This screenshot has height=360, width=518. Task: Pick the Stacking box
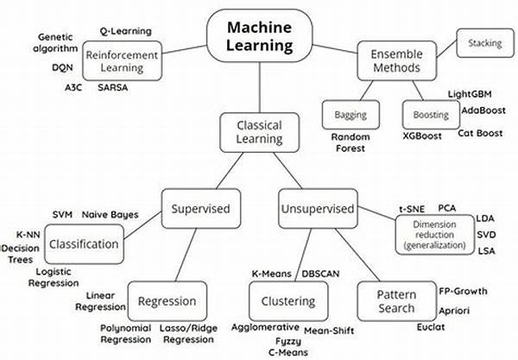pos(484,42)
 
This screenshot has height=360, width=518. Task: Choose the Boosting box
pos(429,114)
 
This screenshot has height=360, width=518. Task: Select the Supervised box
pos(199,208)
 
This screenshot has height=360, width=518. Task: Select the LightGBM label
pos(470,93)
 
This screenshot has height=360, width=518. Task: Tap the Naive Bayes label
pos(110,213)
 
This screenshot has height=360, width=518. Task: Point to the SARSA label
pos(114,88)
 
